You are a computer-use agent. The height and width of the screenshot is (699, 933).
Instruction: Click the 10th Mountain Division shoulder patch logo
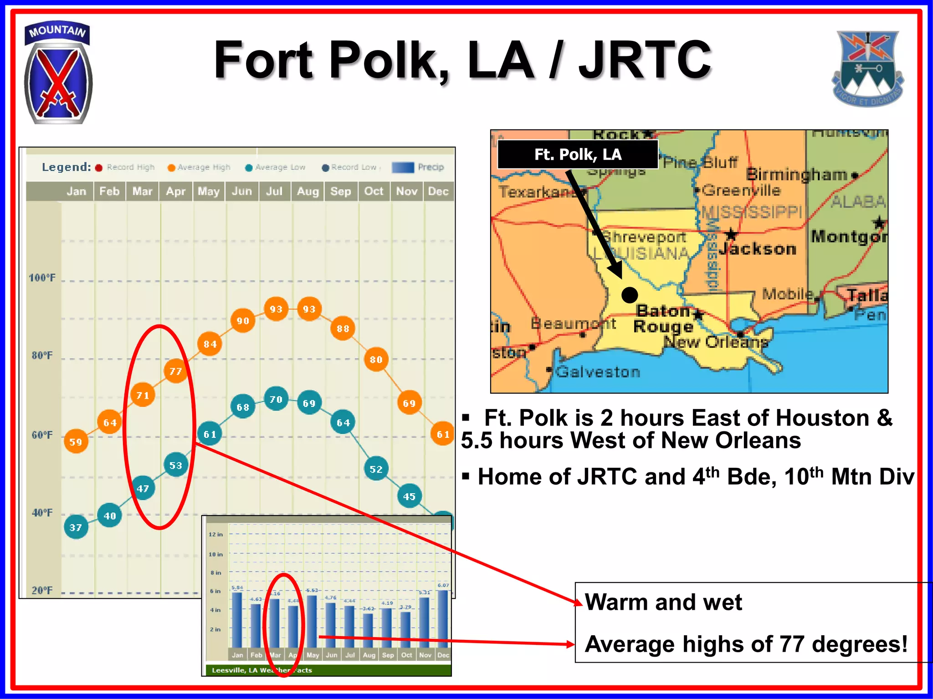coord(58,73)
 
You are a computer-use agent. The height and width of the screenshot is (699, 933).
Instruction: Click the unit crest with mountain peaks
coord(867,68)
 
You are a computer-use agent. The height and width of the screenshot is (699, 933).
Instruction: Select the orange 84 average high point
coord(210,344)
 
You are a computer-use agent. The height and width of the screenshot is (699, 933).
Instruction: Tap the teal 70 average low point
coord(276,399)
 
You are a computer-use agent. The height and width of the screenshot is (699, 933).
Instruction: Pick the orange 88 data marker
coord(343,328)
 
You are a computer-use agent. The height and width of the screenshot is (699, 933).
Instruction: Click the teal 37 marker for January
coord(76,527)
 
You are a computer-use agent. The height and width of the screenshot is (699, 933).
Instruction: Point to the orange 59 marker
coord(76,441)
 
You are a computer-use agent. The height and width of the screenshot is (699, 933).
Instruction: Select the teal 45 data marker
coord(409,496)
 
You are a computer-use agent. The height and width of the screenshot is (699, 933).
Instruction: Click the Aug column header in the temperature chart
coord(308,192)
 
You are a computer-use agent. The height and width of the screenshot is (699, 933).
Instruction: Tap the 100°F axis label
coord(42,278)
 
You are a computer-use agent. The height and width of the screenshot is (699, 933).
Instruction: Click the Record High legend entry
coord(125,167)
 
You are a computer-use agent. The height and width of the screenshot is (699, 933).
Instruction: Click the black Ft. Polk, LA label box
coord(578,155)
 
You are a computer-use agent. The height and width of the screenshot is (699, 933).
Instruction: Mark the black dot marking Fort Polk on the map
coord(630,295)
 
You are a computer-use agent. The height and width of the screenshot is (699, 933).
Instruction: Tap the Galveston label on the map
coord(598,372)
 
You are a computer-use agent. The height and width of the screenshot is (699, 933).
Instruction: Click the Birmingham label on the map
coord(796,174)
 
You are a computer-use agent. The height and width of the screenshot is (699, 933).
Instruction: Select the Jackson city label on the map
coord(758,248)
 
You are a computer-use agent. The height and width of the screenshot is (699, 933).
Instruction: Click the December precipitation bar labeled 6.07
coord(443,619)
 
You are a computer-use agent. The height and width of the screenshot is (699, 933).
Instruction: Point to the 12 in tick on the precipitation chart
coord(215,534)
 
